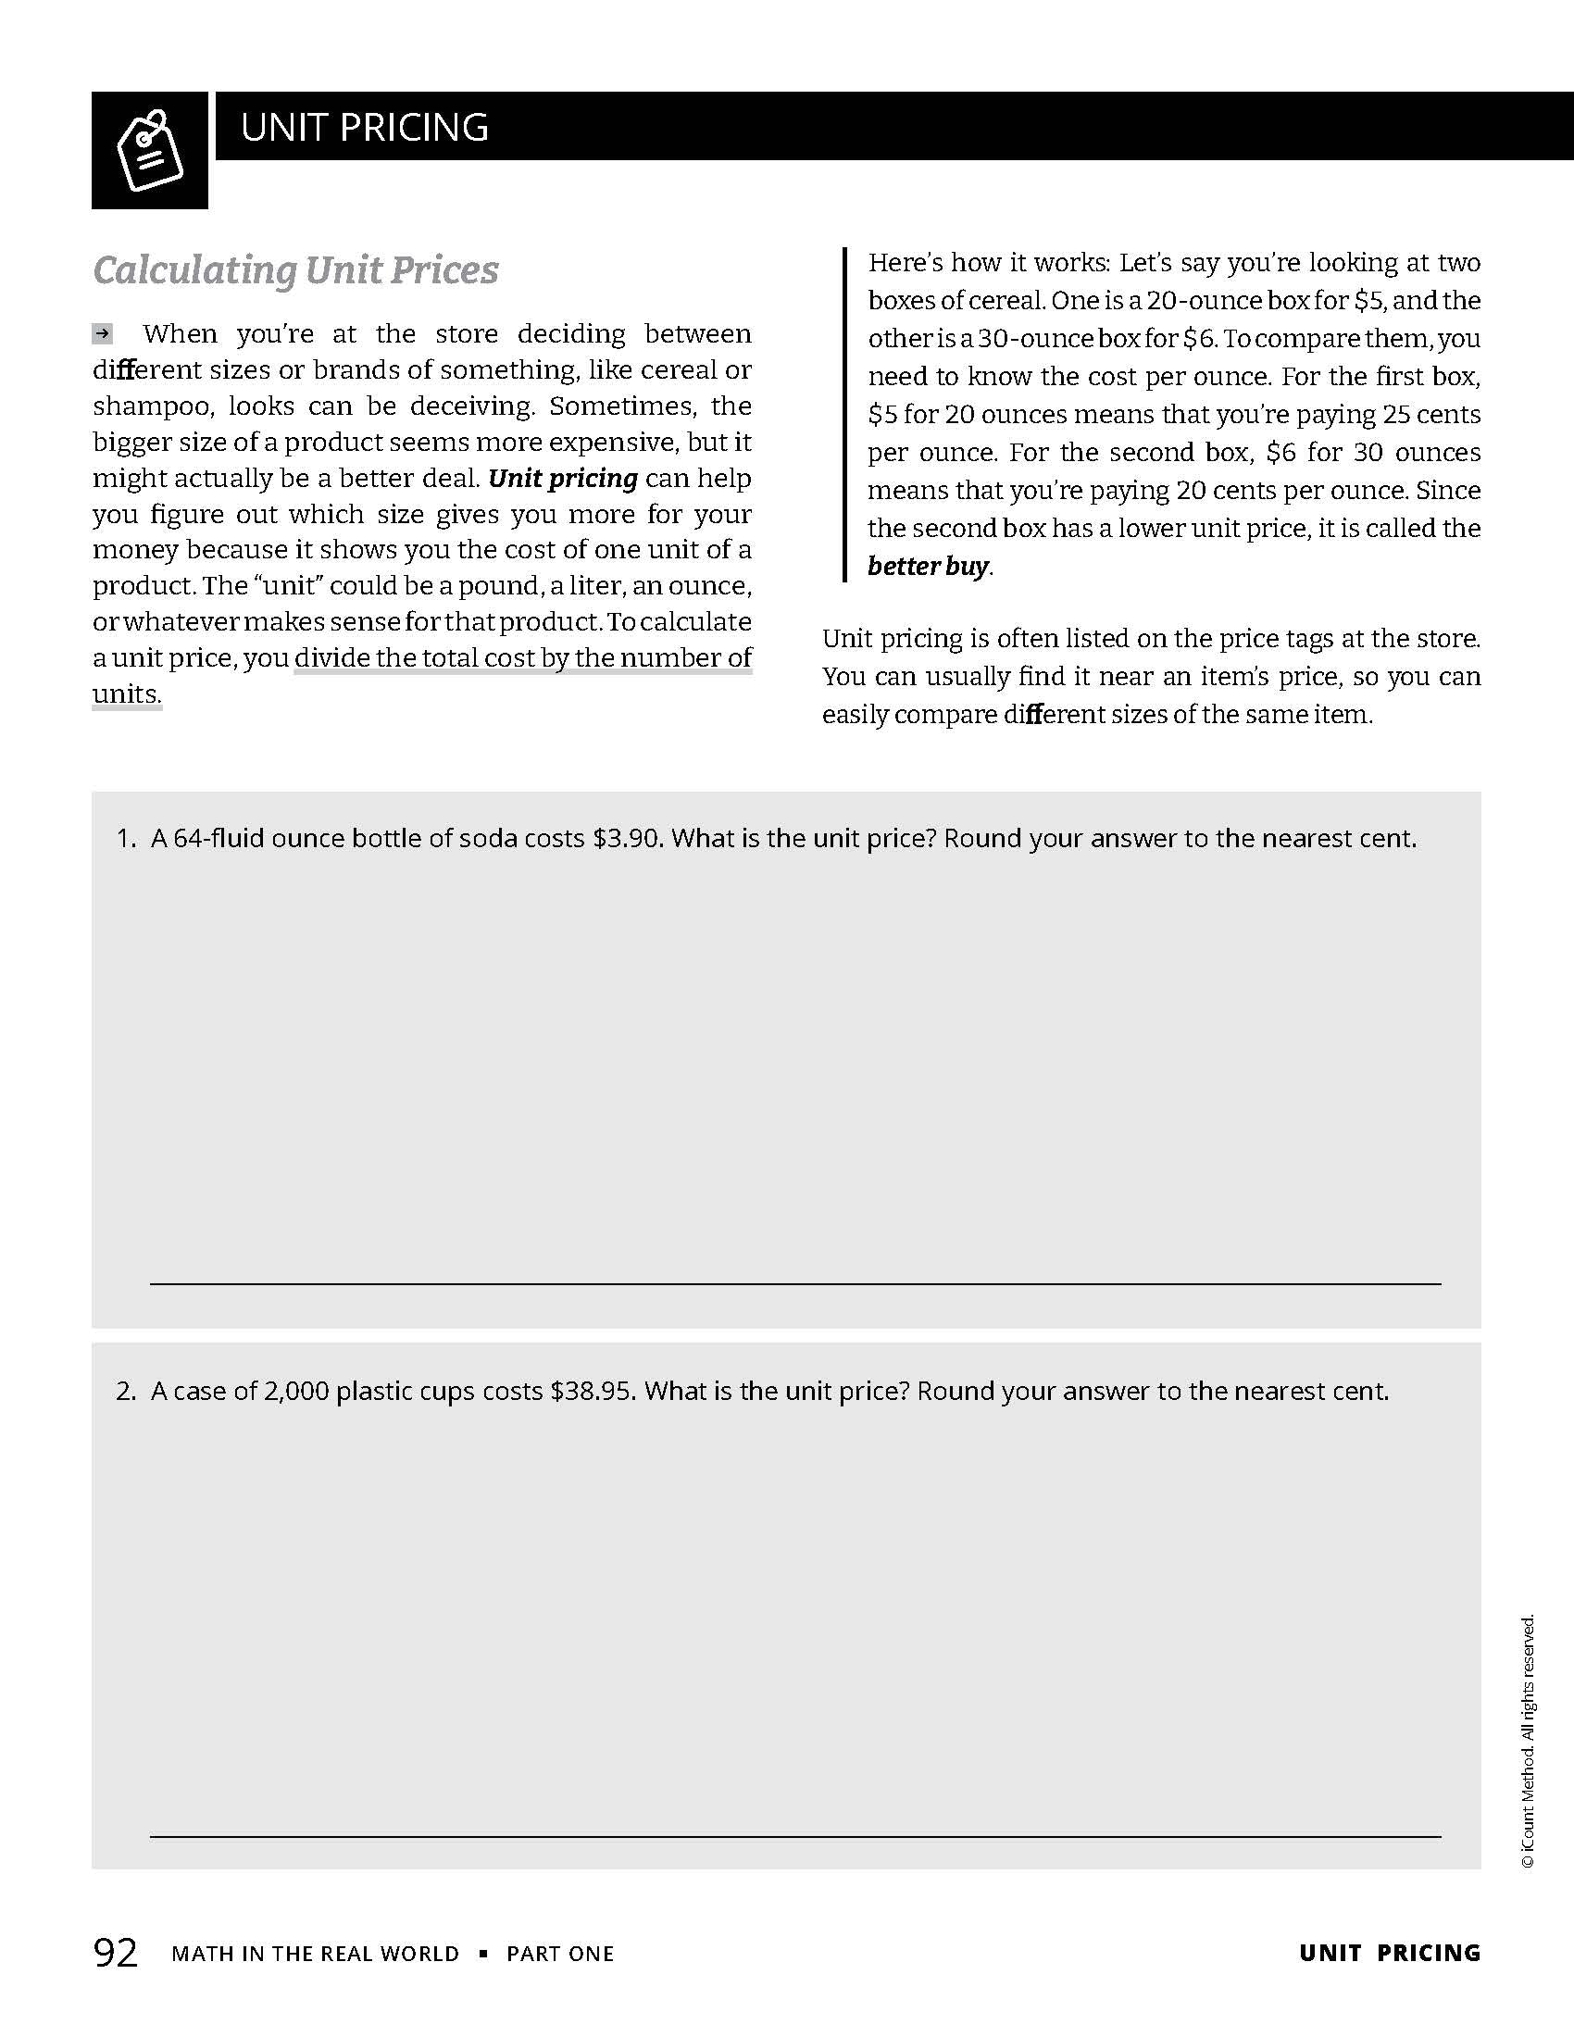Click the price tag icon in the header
tap(149, 150)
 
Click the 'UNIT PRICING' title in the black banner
tap(364, 127)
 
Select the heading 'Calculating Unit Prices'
tap(295, 270)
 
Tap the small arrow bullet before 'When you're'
tap(103, 333)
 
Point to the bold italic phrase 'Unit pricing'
tap(563, 479)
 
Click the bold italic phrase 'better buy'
tap(928, 566)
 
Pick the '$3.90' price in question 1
tap(627, 839)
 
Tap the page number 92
tap(116, 1952)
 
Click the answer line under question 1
tap(794, 1283)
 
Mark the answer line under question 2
tap(794, 1836)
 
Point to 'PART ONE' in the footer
tap(559, 1954)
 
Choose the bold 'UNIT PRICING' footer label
tap(1389, 1953)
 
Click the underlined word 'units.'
tap(127, 694)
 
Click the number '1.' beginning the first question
tap(127, 839)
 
